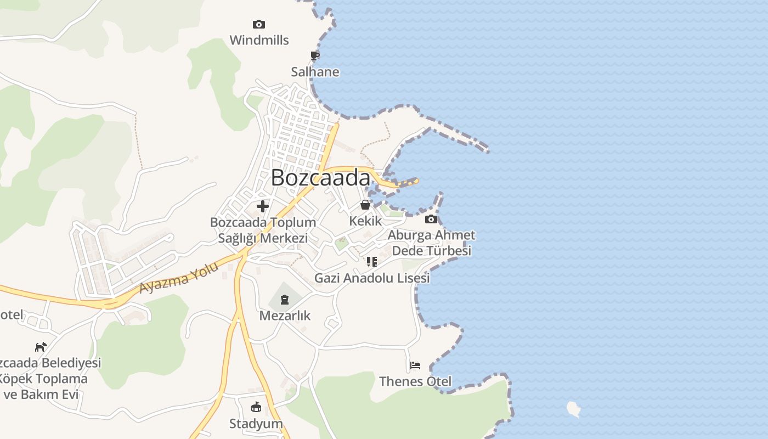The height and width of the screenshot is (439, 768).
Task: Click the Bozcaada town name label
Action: pos(321,178)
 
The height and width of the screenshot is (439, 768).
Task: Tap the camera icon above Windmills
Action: pos(259,24)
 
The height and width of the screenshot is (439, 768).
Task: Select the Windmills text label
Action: pos(259,40)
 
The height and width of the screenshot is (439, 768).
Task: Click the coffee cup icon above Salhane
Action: pos(315,55)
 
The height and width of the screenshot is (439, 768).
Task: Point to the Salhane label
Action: pos(315,72)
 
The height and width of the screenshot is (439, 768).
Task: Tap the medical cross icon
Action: pos(263,206)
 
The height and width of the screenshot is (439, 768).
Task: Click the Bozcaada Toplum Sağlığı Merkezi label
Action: pos(263,230)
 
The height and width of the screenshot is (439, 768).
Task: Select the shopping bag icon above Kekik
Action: pos(365,205)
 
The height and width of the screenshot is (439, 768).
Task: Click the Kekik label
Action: pos(365,221)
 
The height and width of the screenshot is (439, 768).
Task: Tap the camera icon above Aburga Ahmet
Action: pos(431,219)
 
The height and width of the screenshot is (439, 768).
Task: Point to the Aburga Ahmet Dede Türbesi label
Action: pos(431,243)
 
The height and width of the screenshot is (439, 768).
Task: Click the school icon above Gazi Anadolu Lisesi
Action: pos(372,262)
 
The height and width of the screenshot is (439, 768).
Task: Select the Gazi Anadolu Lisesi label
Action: pos(372,278)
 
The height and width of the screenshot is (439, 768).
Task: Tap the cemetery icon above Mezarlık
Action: pos(285,300)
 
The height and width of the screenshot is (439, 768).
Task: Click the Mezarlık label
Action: pos(285,316)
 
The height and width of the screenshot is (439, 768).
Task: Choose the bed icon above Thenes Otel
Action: pos(415,365)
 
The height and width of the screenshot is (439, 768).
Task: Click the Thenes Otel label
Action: pos(415,381)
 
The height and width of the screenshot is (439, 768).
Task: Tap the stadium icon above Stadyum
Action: pos(256,407)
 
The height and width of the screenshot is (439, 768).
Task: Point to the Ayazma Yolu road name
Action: pos(179,278)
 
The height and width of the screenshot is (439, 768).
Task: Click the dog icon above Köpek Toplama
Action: pos(41,347)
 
